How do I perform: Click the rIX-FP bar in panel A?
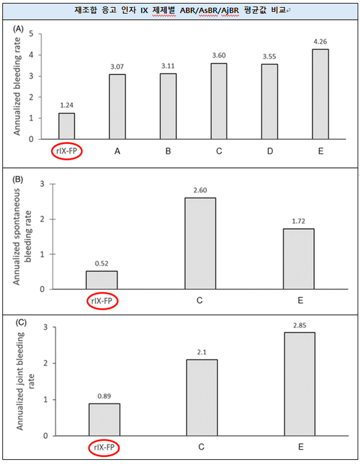pos(67,125)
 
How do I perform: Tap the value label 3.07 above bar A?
pos(118,65)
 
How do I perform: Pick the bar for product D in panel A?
pos(269,100)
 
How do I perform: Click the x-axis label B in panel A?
pos(168,151)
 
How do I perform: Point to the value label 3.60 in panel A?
pos(219,55)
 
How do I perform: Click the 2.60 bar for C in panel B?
pos(200,243)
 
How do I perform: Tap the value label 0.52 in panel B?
pos(101,262)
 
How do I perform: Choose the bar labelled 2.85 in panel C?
pos(299,384)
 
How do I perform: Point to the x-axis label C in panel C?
pos(201,447)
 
